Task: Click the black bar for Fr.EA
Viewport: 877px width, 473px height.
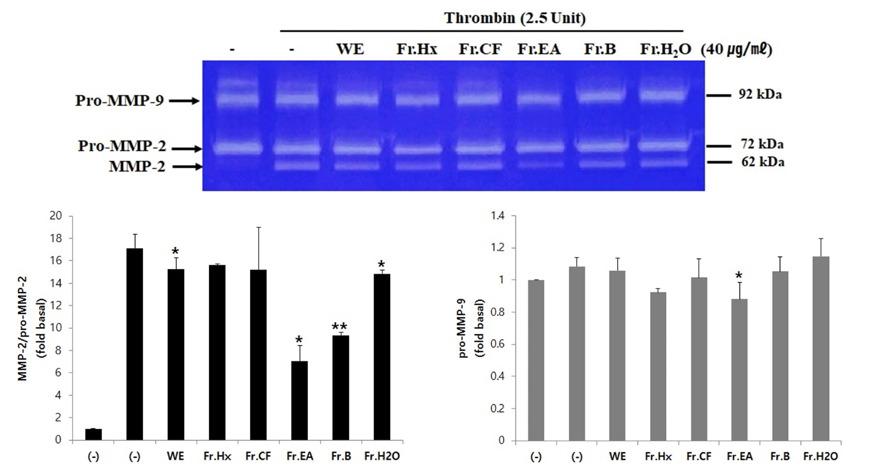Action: pos(299,400)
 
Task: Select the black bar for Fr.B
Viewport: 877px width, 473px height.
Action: pos(341,387)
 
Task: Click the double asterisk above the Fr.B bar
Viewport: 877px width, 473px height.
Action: pos(339,327)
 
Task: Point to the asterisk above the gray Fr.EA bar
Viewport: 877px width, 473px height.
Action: pos(739,276)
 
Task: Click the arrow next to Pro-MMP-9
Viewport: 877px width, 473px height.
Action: pos(184,101)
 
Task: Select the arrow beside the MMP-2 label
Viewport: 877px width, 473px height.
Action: pos(187,166)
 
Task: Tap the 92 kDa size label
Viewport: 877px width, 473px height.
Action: pos(760,94)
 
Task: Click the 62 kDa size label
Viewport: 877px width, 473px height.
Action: pos(763,162)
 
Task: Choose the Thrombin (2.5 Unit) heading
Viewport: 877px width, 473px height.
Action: pos(514,18)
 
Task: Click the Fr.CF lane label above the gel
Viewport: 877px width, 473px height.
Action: pos(480,49)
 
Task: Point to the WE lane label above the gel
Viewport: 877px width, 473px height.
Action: pos(350,49)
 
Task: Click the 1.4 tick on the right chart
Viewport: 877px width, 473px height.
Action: pos(497,216)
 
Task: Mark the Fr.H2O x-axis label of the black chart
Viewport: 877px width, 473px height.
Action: pos(382,456)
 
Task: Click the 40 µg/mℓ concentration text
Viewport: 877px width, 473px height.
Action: pos(736,49)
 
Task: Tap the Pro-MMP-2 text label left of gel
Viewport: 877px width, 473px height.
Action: pos(122,146)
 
